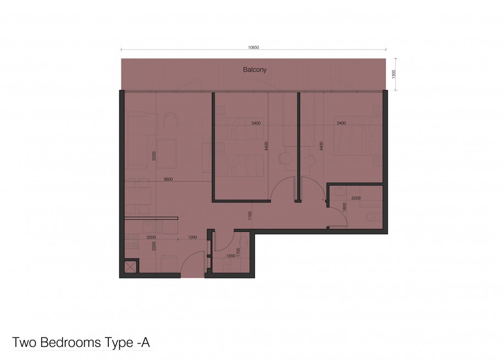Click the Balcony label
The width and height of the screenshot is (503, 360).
(x=255, y=70)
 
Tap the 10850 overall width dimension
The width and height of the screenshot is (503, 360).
(x=253, y=47)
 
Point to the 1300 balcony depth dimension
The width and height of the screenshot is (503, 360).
(x=394, y=74)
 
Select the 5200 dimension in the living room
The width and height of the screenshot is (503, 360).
(x=154, y=156)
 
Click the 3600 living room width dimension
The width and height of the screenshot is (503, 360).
(x=168, y=179)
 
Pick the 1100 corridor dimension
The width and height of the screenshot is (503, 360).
(x=250, y=215)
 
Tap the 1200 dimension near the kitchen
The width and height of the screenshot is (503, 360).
(x=192, y=237)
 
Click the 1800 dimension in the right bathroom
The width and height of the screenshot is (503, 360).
(x=345, y=207)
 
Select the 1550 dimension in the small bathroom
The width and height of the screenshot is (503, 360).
(x=231, y=256)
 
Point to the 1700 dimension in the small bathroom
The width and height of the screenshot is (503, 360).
(x=238, y=252)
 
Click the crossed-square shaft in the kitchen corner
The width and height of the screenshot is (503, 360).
(x=131, y=267)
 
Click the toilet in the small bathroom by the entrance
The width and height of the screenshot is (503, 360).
(x=228, y=265)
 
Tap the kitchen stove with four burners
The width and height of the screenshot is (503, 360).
(x=131, y=241)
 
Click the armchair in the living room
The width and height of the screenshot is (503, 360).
(x=170, y=120)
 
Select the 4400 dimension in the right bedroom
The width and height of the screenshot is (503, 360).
(x=321, y=146)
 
